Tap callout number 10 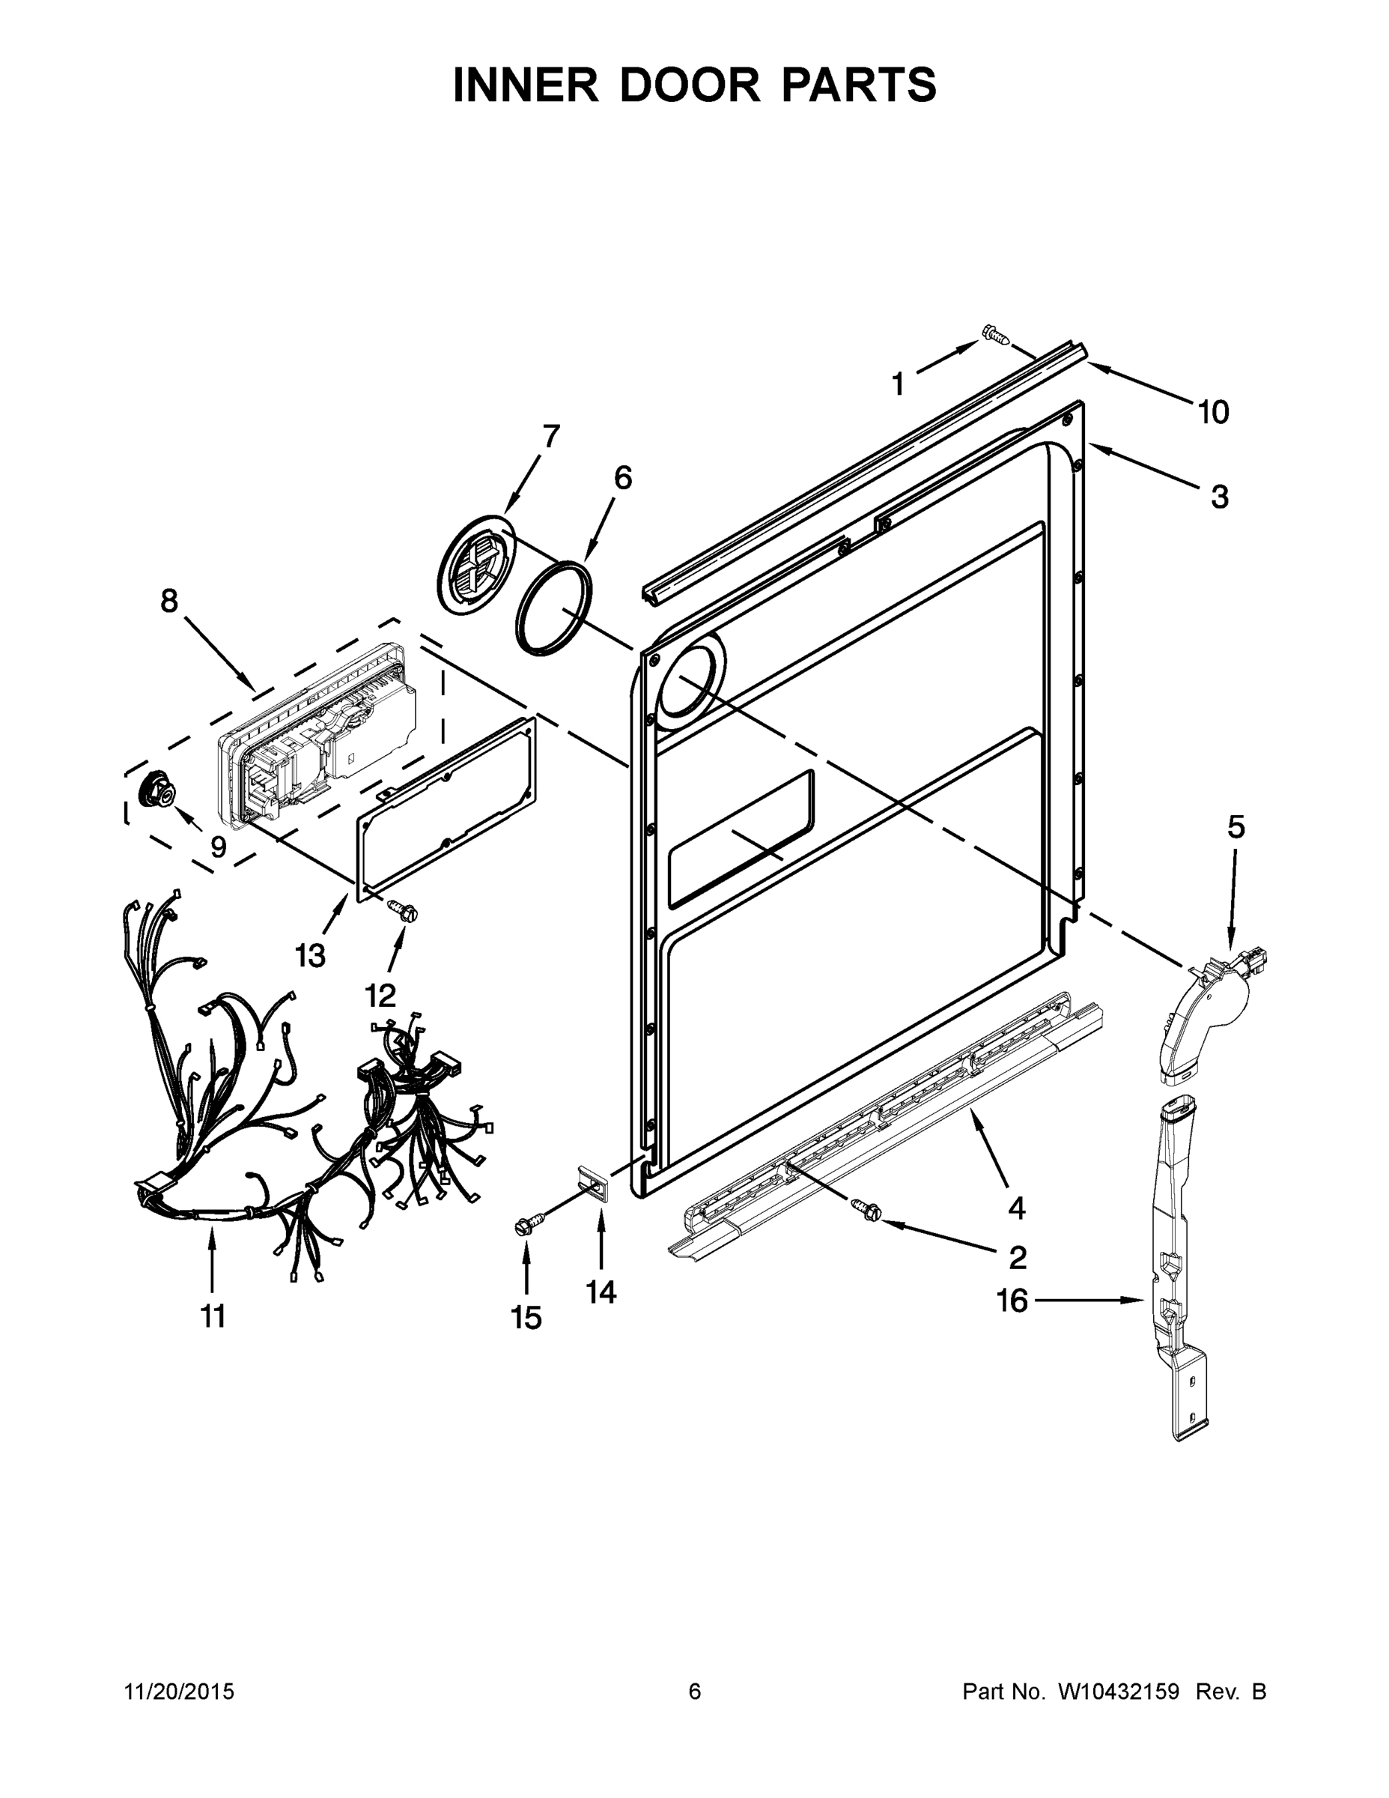1213,411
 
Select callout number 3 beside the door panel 1219,497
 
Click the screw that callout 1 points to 995,334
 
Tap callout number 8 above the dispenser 168,601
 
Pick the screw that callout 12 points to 402,909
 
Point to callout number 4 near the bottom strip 1017,1208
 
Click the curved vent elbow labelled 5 1207,1019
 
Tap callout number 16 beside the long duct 1012,1301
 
